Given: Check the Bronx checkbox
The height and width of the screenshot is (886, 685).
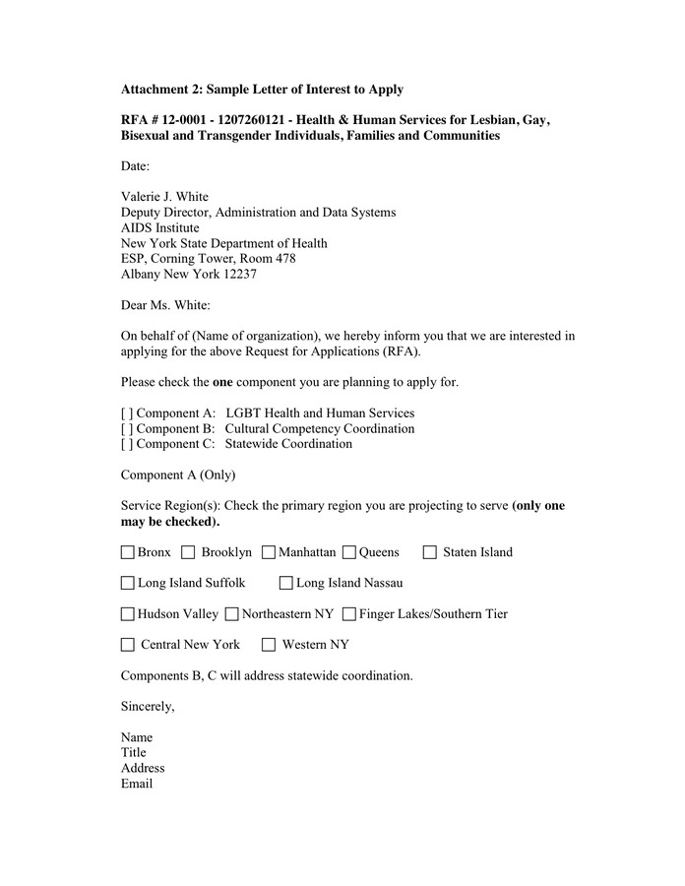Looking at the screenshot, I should coord(128,552).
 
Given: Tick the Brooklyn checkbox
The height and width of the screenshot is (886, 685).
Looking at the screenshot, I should coord(189,552).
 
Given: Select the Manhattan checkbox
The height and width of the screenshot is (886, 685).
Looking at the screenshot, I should coord(269,552).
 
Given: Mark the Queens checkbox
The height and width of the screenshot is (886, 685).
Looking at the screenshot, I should coord(349,552).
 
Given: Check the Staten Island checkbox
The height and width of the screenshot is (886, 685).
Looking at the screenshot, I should coord(430,552).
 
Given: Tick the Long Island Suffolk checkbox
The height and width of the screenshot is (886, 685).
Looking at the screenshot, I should coord(128,583).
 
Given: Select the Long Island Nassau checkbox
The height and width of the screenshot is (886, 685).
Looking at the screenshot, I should coord(286,583).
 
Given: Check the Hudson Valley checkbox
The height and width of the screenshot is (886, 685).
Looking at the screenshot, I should coord(128,614).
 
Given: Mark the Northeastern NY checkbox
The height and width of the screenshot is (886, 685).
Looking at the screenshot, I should coord(232,614).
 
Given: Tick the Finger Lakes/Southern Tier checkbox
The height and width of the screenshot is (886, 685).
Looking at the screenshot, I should coord(349,614).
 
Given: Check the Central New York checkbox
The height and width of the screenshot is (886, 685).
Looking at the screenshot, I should coord(128,645).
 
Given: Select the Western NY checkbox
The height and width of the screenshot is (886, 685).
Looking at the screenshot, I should coord(269,645).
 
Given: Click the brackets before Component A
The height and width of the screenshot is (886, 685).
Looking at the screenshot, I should coord(127,413).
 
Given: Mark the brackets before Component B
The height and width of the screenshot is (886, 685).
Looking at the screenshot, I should coord(127,429).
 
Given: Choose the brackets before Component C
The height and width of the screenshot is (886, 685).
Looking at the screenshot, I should coord(127,444).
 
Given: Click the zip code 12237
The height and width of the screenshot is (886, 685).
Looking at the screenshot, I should coord(239,275).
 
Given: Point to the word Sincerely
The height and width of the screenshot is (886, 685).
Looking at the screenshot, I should coord(148,706).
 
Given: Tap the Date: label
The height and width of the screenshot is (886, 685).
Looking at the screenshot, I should coord(136,166).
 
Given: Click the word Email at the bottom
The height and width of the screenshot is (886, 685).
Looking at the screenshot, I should coord(137,784).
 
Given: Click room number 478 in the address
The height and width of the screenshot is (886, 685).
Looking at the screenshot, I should coord(283,259).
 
